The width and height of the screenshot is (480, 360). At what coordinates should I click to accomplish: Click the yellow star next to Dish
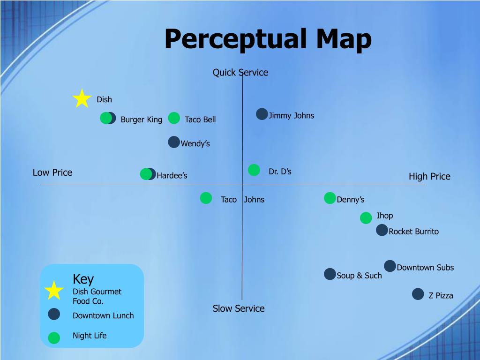(x=82, y=98)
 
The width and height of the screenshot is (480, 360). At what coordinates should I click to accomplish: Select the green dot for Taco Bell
(x=174, y=118)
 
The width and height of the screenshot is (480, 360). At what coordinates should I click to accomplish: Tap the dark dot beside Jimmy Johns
(x=262, y=114)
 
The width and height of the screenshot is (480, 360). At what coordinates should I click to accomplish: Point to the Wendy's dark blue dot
(x=174, y=142)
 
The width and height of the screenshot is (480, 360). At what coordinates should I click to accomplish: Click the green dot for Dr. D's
(x=254, y=170)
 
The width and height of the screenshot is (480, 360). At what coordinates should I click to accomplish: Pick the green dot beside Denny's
(x=330, y=198)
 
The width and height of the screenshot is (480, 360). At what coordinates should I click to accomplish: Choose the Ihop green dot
(x=366, y=218)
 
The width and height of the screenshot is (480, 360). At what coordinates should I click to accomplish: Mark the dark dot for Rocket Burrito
(x=382, y=230)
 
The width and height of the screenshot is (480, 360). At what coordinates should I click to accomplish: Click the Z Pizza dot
(x=418, y=294)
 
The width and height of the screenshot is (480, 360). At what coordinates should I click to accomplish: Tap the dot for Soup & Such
(x=330, y=274)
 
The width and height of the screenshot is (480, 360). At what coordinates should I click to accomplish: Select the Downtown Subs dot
(x=390, y=266)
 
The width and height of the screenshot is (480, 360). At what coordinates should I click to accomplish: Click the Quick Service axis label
(x=240, y=73)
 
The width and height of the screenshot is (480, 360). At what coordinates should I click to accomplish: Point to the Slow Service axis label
(x=239, y=308)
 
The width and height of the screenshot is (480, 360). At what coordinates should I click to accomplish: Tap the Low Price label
(x=52, y=172)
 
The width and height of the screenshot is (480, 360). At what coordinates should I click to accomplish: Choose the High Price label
(x=429, y=176)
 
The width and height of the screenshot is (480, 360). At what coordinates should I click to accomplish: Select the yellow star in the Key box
(x=54, y=290)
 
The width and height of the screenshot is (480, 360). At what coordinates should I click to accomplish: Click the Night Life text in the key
(x=90, y=336)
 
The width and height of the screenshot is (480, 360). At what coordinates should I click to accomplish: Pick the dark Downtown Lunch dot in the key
(x=54, y=314)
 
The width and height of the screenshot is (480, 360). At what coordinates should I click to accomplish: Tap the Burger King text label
(x=142, y=120)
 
